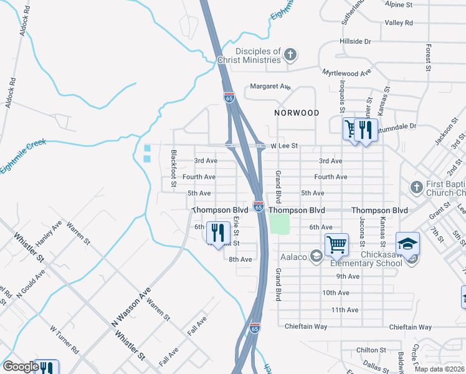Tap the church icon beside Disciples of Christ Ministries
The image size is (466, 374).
click(290, 55)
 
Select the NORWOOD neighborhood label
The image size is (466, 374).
click(297, 113)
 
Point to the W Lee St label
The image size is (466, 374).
click(284, 146)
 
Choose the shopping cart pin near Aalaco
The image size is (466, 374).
click(336, 244)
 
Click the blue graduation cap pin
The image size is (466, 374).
click(407, 244)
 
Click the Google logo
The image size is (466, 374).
click(20, 367)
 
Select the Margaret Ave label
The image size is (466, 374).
click(270, 87)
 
